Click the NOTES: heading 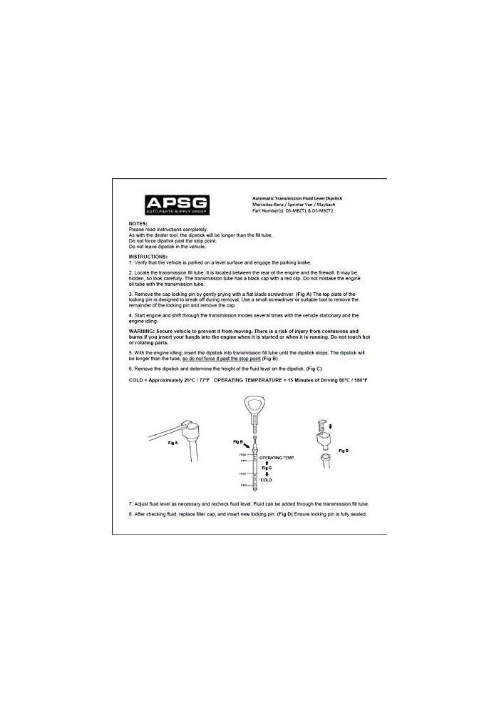tap(138, 223)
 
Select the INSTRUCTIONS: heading tap(148, 255)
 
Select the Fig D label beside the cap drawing tap(343, 451)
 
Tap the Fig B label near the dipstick tap(238, 442)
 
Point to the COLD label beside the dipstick tap(266, 481)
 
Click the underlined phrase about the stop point tap(222, 358)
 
